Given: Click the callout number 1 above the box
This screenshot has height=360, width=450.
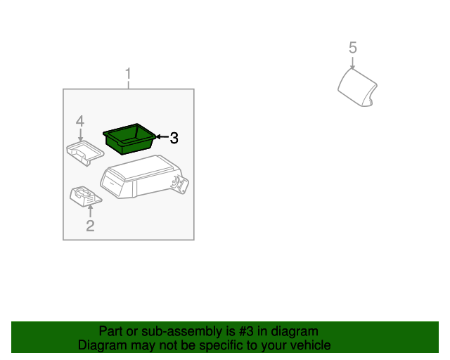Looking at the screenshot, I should (x=129, y=74).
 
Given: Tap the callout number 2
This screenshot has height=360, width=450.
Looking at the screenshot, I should (x=90, y=226).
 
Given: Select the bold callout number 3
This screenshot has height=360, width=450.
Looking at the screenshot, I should (x=174, y=139).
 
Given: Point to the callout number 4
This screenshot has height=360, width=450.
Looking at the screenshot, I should (x=80, y=121).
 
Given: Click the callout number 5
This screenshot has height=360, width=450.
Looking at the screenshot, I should (x=353, y=48).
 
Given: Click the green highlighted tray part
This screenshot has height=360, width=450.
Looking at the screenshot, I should (x=130, y=137).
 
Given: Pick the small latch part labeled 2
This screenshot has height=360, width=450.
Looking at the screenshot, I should (x=84, y=196).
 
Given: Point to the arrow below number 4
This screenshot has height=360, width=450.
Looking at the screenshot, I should (x=80, y=134).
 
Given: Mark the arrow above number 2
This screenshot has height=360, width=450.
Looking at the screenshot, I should (x=90, y=210).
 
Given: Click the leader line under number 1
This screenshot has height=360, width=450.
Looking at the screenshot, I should (x=129, y=84).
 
